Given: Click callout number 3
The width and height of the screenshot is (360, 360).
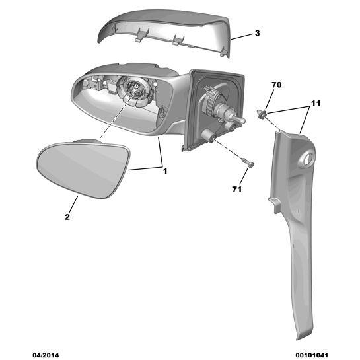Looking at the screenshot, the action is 258,33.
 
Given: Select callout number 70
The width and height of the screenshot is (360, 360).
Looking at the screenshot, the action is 276,85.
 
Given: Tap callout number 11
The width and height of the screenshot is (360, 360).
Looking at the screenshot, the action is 316,103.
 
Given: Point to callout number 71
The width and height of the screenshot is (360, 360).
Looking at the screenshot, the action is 237,189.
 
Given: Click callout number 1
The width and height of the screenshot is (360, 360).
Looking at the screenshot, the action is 165,171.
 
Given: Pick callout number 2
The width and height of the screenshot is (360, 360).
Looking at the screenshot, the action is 67,217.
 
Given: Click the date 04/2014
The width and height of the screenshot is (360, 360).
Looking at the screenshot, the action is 46,355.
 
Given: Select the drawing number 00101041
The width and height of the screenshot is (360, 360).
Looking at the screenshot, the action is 312,355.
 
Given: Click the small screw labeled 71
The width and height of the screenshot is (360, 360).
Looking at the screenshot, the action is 248,162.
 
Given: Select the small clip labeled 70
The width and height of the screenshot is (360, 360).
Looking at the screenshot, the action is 262,114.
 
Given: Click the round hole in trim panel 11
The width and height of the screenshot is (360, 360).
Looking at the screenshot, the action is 308,159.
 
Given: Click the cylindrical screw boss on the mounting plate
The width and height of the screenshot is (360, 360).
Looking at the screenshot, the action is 208,135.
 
